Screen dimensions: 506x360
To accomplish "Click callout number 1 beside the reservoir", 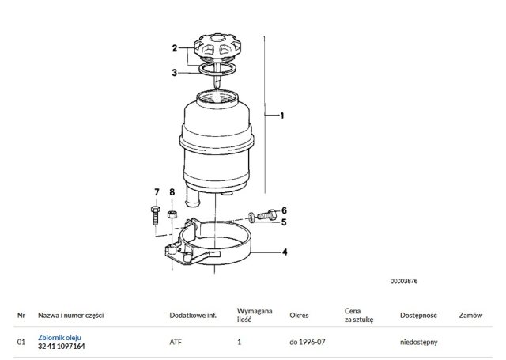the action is click(x=282, y=116).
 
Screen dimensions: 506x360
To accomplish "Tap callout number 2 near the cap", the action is click(x=175, y=48).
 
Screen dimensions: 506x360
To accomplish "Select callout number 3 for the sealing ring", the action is click(x=175, y=73).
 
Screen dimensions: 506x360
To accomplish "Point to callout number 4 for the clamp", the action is click(x=285, y=252).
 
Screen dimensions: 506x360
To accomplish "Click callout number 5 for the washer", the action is click(x=284, y=222).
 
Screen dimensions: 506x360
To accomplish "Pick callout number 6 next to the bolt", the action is click(x=284, y=210).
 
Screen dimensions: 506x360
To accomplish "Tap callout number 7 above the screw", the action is click(x=157, y=192).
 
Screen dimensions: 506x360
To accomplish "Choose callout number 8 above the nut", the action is click(x=172, y=192).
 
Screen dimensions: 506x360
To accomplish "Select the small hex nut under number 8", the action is click(x=172, y=214).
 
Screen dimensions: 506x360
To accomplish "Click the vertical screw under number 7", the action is click(x=155, y=215).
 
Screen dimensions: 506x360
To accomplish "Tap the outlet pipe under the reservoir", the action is click(x=193, y=198).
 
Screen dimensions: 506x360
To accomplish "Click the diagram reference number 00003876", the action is click(x=404, y=281).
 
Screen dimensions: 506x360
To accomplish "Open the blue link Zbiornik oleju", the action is click(x=59, y=338).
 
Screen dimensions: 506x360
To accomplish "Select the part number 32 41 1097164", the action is click(x=62, y=347).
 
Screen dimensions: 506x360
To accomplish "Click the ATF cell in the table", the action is click(x=176, y=342).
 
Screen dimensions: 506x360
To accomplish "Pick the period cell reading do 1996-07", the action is click(x=308, y=342).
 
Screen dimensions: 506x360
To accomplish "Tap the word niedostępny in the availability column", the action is click(x=418, y=343).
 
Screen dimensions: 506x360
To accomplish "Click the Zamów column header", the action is click(x=470, y=316).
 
